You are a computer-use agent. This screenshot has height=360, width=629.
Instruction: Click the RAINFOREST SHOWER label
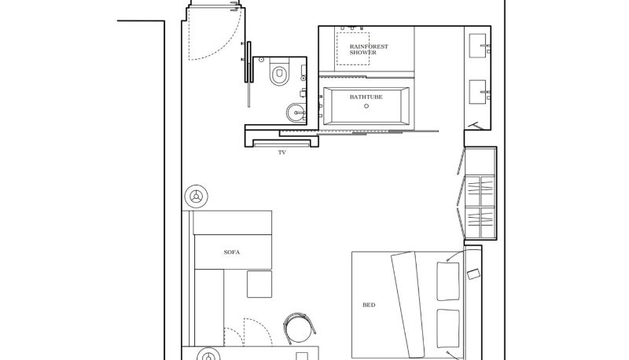point(369,50)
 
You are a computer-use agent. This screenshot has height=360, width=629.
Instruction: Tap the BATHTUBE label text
point(366,97)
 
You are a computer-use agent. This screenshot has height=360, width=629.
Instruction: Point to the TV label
point(282,152)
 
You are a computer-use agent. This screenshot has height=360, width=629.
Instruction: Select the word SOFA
point(232,252)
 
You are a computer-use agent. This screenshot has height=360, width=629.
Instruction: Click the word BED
point(369,305)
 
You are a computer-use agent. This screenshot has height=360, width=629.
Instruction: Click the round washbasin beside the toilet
point(296,113)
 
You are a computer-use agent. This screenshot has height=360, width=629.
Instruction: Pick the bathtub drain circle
point(366,106)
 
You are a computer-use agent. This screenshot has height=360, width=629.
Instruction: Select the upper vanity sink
point(478,46)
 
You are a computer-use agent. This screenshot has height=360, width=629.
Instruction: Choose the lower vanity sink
point(478,92)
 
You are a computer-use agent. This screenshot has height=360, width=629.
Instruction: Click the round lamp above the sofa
point(196,197)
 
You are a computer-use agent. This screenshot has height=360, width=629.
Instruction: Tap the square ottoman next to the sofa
point(259,285)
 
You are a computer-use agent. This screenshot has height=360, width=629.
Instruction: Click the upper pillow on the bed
point(448,281)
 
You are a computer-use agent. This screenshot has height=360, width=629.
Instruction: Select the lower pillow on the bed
point(448,329)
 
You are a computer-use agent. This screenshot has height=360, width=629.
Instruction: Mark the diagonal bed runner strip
point(408,305)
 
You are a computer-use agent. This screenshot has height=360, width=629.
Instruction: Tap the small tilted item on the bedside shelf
point(473,274)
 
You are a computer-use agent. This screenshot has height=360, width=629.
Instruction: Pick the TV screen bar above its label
point(282,144)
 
